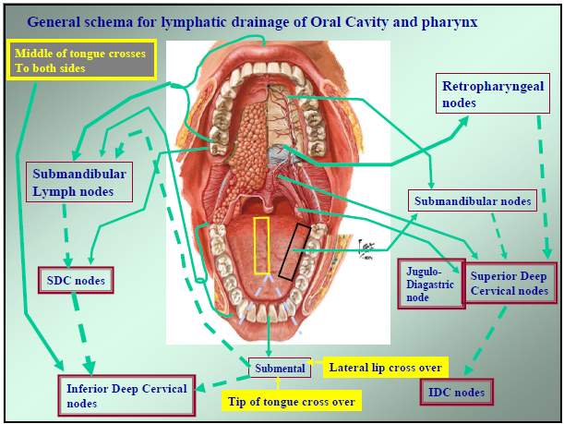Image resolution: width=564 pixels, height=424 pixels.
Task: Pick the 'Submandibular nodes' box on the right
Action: [473, 200]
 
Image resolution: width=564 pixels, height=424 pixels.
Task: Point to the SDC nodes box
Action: [77, 279]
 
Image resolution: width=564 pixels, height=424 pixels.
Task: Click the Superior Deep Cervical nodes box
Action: [510, 284]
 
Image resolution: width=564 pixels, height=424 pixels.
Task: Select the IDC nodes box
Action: [455, 393]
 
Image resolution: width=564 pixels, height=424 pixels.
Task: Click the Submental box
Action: [280, 369]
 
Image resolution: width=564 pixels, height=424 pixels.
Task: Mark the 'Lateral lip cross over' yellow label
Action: [385, 368]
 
